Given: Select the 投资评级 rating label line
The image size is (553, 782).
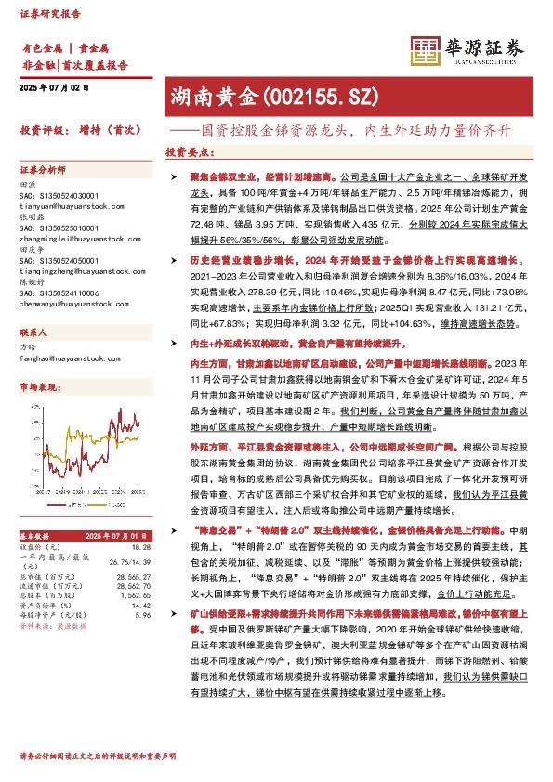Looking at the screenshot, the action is click(79, 131).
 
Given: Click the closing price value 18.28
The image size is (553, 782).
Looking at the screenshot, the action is click(141, 548).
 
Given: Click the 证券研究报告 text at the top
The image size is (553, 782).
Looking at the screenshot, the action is click(46, 13).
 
